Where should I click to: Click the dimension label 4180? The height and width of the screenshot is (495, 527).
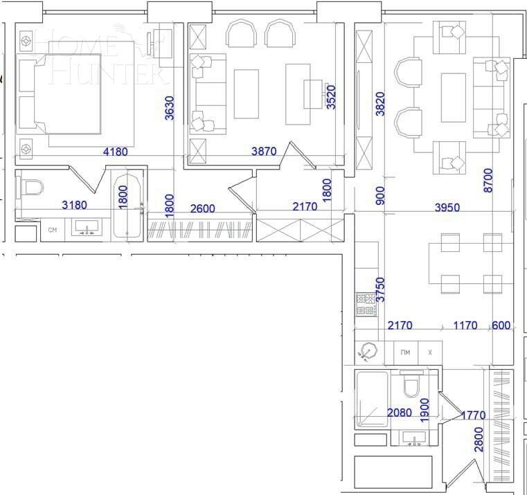(115, 152)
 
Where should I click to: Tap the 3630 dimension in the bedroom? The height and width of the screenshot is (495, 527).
(170, 108)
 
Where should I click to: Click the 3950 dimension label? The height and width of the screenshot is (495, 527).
(447, 207)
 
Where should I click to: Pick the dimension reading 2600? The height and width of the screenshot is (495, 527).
(203, 208)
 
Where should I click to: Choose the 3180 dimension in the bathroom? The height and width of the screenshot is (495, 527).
(75, 205)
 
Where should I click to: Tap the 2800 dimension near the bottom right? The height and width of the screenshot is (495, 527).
(479, 439)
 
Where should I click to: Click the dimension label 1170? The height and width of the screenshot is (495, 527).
(465, 325)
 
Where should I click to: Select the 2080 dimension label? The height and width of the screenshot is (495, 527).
(400, 413)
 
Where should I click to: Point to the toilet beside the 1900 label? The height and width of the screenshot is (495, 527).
(411, 385)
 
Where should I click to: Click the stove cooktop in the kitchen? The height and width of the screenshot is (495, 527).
(366, 305)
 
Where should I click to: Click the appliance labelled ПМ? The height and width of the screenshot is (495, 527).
(405, 352)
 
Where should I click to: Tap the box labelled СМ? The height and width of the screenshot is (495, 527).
(52, 231)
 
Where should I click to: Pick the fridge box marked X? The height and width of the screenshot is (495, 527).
(430, 352)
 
